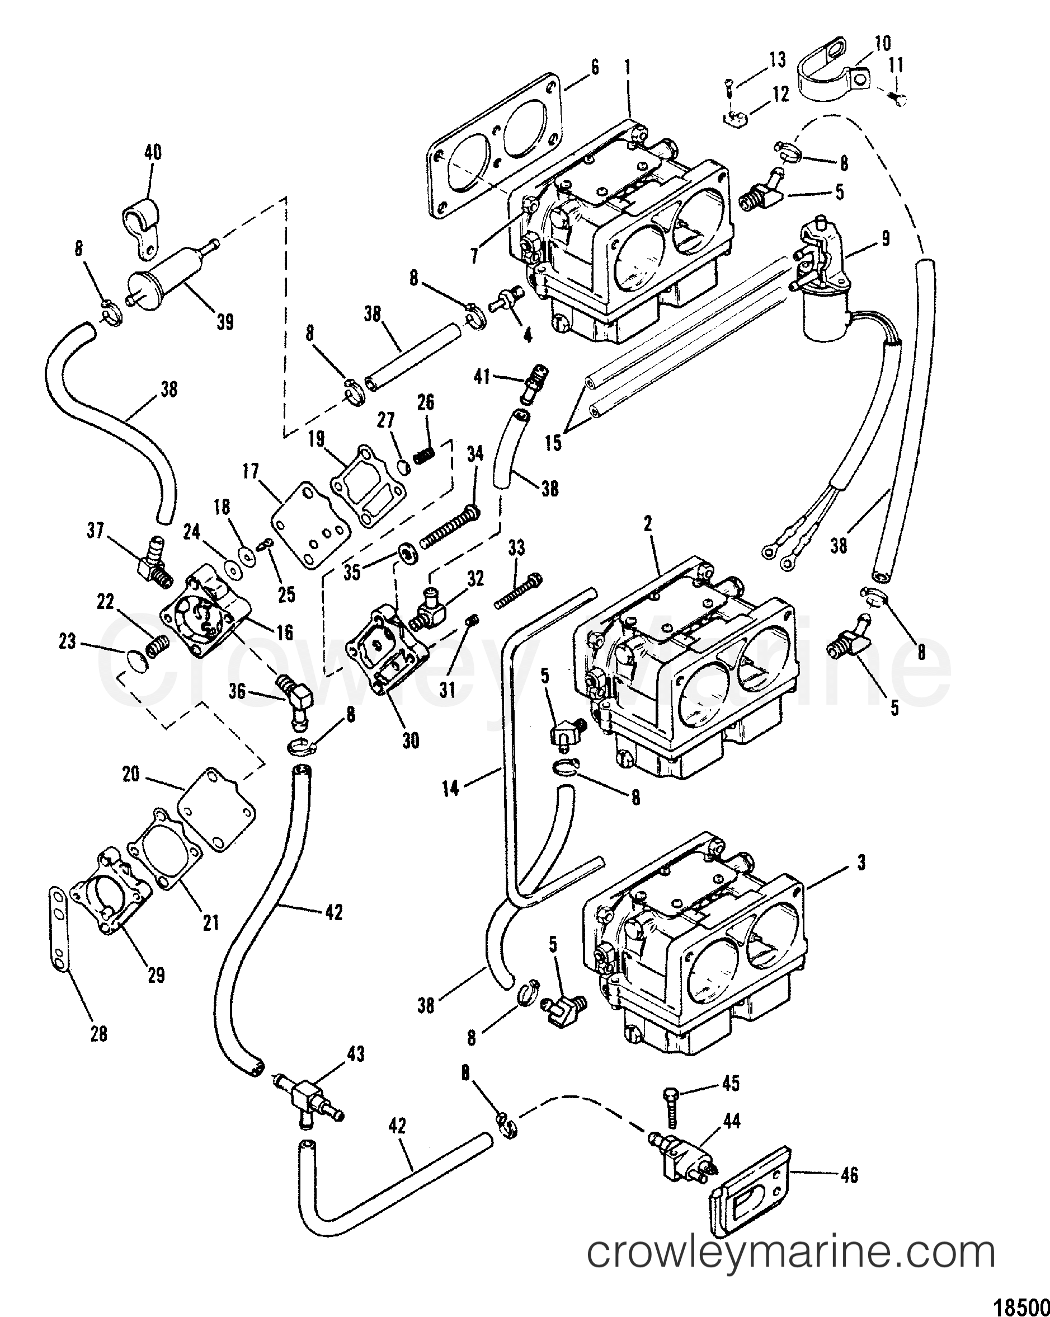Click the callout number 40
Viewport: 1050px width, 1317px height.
[152, 152]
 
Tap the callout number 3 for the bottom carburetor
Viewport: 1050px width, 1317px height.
[861, 863]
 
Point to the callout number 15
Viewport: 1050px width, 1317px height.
[554, 442]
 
